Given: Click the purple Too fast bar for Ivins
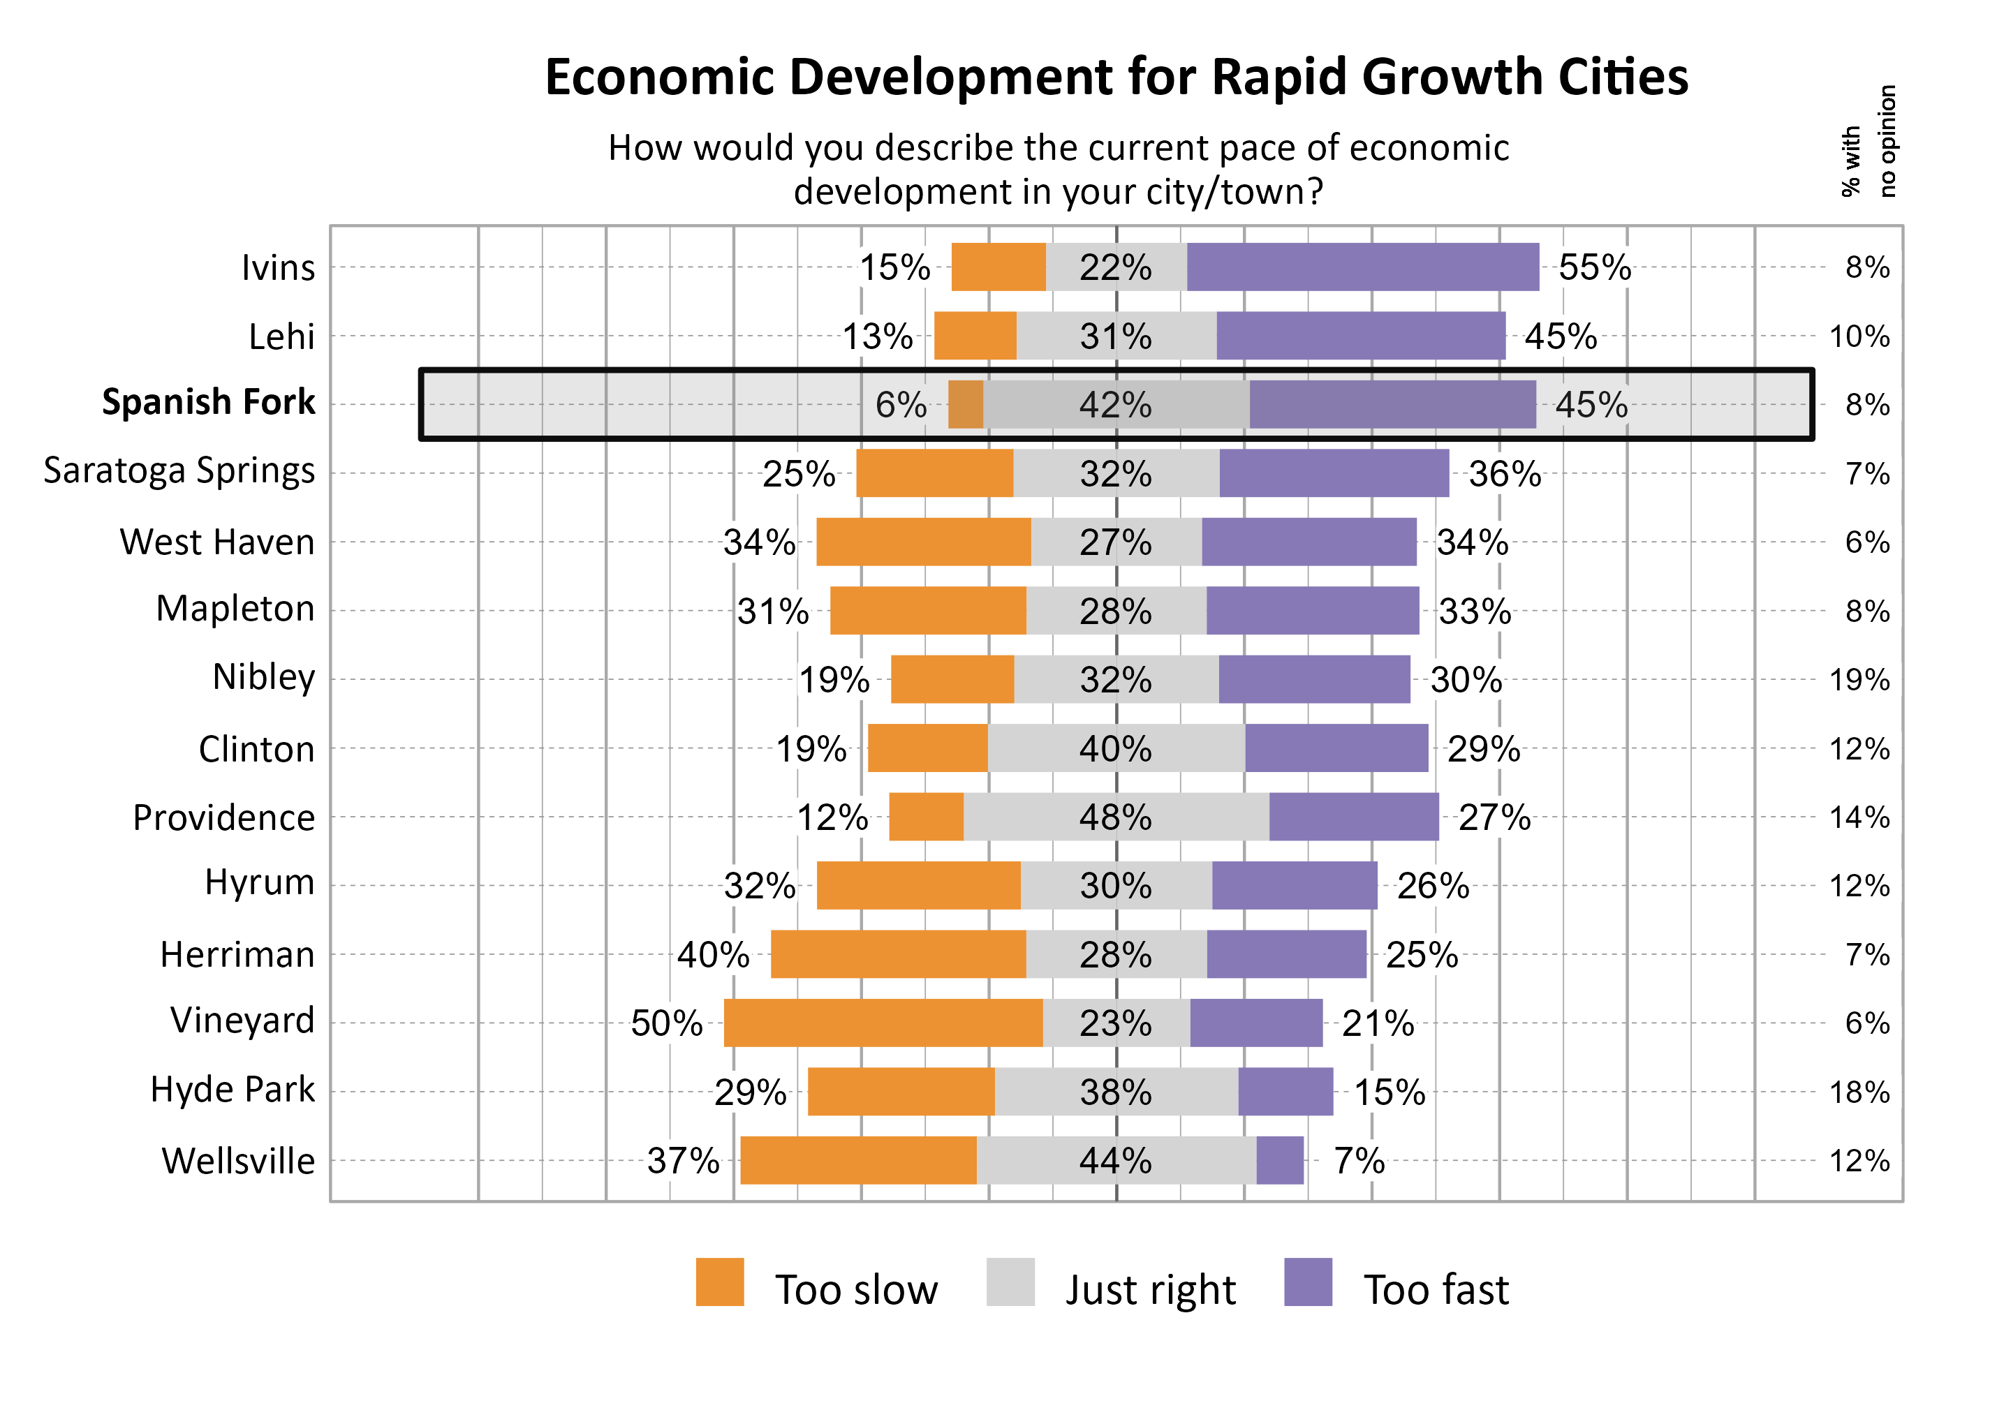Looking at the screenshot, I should [x=1362, y=267].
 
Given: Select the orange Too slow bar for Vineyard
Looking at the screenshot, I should [x=883, y=1023].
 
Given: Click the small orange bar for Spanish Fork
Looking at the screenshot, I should [x=965, y=404].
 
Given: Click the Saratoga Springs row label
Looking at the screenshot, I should [x=179, y=471].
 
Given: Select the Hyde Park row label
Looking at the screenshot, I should [x=232, y=1090].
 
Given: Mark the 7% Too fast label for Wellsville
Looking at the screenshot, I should [x=1359, y=1161].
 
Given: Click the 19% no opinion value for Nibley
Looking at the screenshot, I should [x=1859, y=680].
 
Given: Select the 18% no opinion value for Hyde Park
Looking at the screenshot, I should [x=1859, y=1092].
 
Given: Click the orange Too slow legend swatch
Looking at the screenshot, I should [x=719, y=1282].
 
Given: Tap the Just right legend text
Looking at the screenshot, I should [x=1150, y=1290].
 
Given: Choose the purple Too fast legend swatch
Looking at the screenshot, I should [x=1307, y=1282].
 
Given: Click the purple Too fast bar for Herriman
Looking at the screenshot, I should [x=1285, y=954].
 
